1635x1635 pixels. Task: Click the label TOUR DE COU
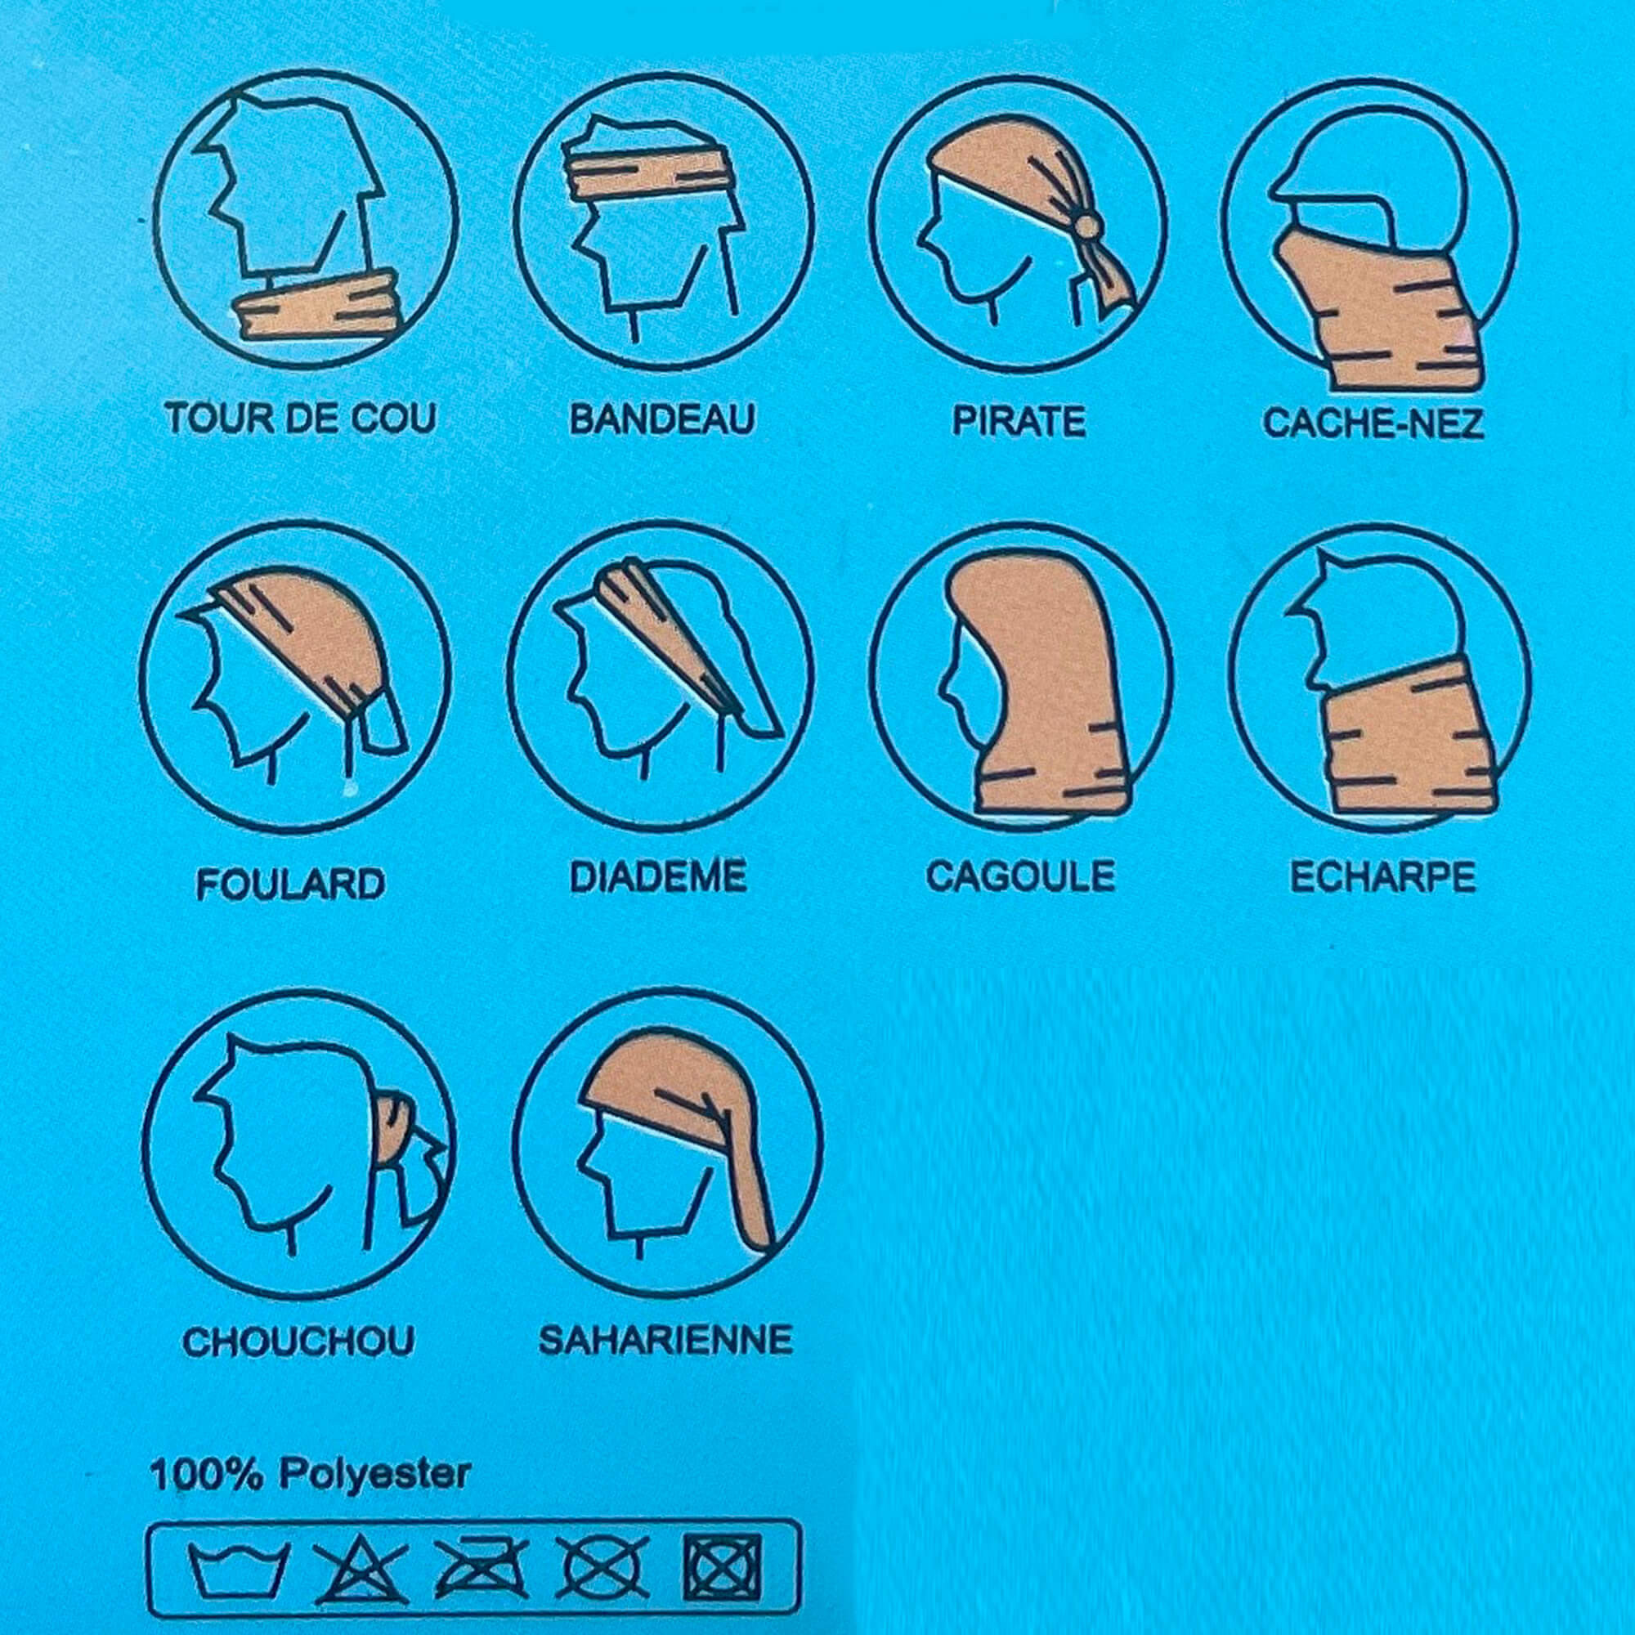pyautogui.click(x=300, y=419)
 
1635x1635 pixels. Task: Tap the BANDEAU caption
pyautogui.click(x=663, y=419)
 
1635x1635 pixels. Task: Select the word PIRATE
pyautogui.click(x=1019, y=420)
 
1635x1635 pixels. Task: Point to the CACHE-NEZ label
pyautogui.click(x=1374, y=423)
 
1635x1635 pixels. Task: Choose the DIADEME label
pyautogui.click(x=658, y=876)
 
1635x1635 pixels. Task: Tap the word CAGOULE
pyautogui.click(x=1020, y=876)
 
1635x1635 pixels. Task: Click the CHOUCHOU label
pyautogui.click(x=298, y=1342)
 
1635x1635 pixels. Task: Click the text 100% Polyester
pyautogui.click(x=310, y=1475)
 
